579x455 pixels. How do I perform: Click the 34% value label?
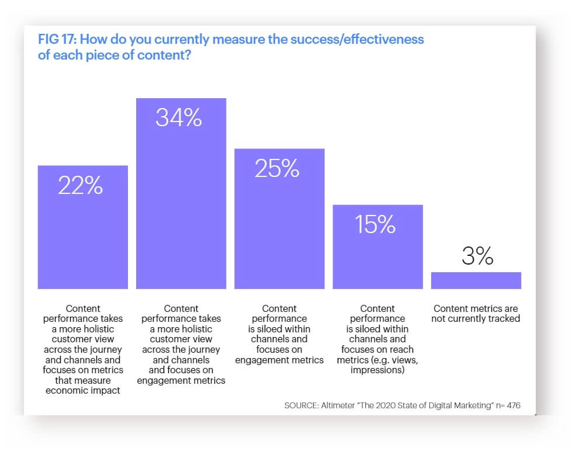click(178, 119)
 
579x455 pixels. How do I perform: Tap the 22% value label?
click(81, 186)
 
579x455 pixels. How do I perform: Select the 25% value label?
click(277, 169)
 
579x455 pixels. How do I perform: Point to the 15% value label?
click(375, 225)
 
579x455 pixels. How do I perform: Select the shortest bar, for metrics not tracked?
click(476, 280)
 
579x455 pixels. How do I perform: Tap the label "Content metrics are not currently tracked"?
click(476, 314)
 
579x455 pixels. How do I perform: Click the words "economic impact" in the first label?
click(83, 391)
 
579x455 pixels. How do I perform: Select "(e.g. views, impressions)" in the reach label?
click(377, 365)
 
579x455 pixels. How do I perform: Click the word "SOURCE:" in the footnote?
click(301, 405)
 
